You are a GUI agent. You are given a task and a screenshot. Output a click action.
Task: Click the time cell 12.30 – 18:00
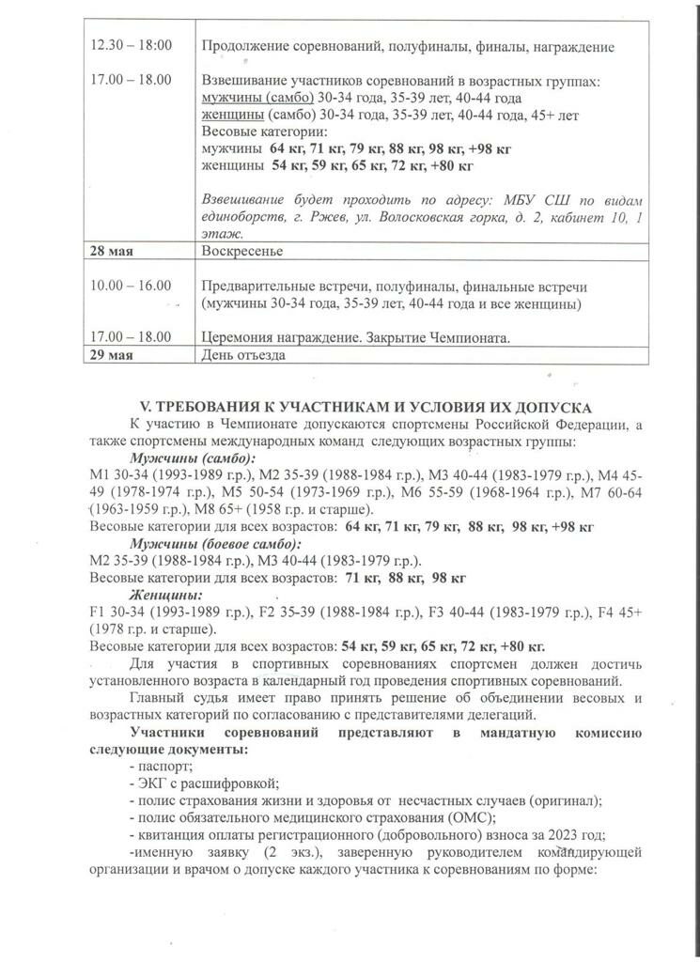pyautogui.click(x=131, y=46)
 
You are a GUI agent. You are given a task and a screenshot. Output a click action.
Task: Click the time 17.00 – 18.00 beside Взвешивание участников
pyautogui.click(x=131, y=80)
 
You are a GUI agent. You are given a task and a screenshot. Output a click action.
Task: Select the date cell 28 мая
pyautogui.click(x=111, y=252)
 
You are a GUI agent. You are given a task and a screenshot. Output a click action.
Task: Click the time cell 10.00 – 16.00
pyautogui.click(x=131, y=286)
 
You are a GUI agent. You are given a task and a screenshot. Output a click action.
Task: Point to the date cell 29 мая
pyautogui.click(x=111, y=356)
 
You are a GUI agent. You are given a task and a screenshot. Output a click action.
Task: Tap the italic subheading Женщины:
pyautogui.click(x=166, y=595)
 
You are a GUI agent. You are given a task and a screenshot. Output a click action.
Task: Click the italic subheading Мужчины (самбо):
pyautogui.click(x=193, y=458)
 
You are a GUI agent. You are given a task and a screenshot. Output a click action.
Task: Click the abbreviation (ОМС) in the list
pyautogui.click(x=461, y=816)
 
